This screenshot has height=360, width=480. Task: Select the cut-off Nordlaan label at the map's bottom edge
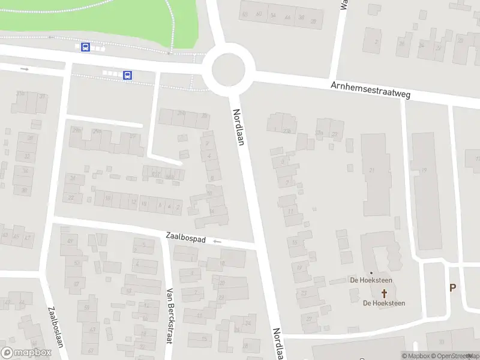tap(278, 344)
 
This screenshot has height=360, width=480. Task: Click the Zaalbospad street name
tap(185, 238)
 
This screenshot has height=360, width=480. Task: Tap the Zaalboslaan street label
tap(52, 328)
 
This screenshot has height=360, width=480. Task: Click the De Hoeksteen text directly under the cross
tap(384, 303)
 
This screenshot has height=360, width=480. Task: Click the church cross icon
tap(384, 293)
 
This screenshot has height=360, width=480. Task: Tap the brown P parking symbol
tap(453, 287)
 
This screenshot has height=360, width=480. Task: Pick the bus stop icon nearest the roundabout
tap(128, 75)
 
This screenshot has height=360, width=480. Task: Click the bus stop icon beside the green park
tap(86, 47)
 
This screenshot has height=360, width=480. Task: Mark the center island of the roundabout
tap(229, 70)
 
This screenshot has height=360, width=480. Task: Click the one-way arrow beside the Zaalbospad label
tap(217, 241)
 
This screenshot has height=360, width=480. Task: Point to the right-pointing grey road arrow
tap(25, 69)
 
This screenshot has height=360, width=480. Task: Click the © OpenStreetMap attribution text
tap(456, 356)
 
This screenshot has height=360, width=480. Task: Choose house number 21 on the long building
tap(372, 171)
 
